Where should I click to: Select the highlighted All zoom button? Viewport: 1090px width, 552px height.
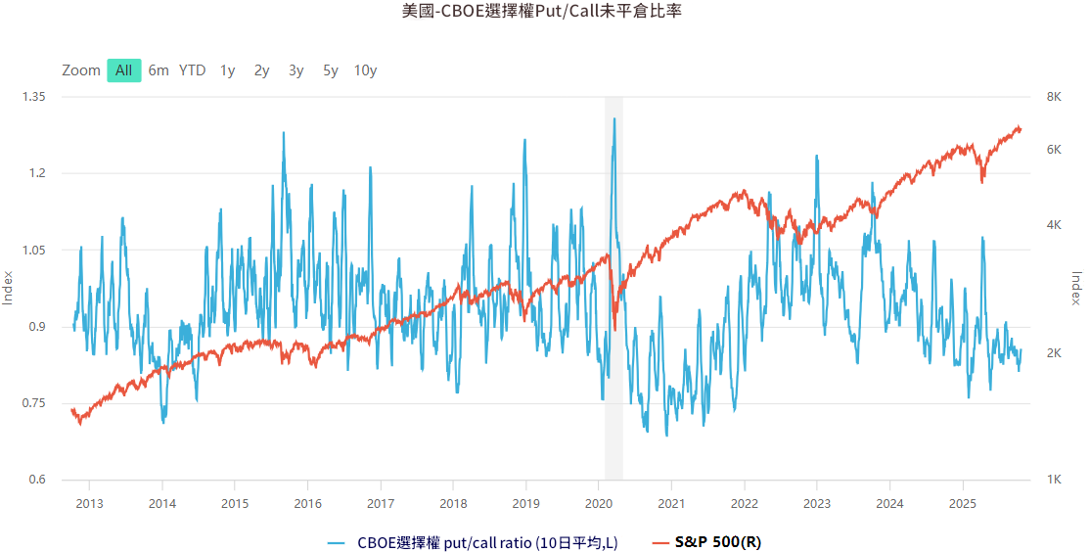pos(124,70)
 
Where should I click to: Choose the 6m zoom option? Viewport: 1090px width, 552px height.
pos(159,70)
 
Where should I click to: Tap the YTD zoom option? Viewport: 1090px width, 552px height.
pos(193,70)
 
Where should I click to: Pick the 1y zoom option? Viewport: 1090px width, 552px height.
pos(228,70)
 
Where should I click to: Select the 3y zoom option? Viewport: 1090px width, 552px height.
pos(296,70)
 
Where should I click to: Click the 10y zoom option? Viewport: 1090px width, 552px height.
pos(365,70)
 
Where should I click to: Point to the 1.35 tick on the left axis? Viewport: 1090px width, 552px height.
pos(33,97)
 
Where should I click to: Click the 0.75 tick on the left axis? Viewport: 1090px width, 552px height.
pos(33,403)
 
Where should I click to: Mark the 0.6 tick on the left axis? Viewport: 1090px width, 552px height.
pos(37,480)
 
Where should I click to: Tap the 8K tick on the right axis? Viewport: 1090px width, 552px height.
pos(1055,97)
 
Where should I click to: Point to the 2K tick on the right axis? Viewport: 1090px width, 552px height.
pos(1055,352)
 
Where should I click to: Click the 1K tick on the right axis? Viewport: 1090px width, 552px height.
pos(1055,480)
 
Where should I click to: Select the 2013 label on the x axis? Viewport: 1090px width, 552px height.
pos(89,503)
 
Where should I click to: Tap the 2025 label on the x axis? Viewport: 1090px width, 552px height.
pos(963,503)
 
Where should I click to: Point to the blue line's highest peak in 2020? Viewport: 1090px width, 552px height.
pos(614,118)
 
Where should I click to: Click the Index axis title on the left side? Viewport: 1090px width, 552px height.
pos(8,288)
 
